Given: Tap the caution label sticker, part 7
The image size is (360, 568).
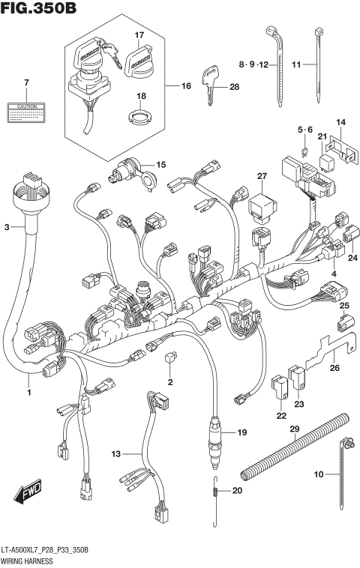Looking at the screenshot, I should coord(25,112).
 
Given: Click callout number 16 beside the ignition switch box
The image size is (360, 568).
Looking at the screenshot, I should coord(186,86).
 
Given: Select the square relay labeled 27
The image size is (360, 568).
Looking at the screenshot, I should coord(262,202).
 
